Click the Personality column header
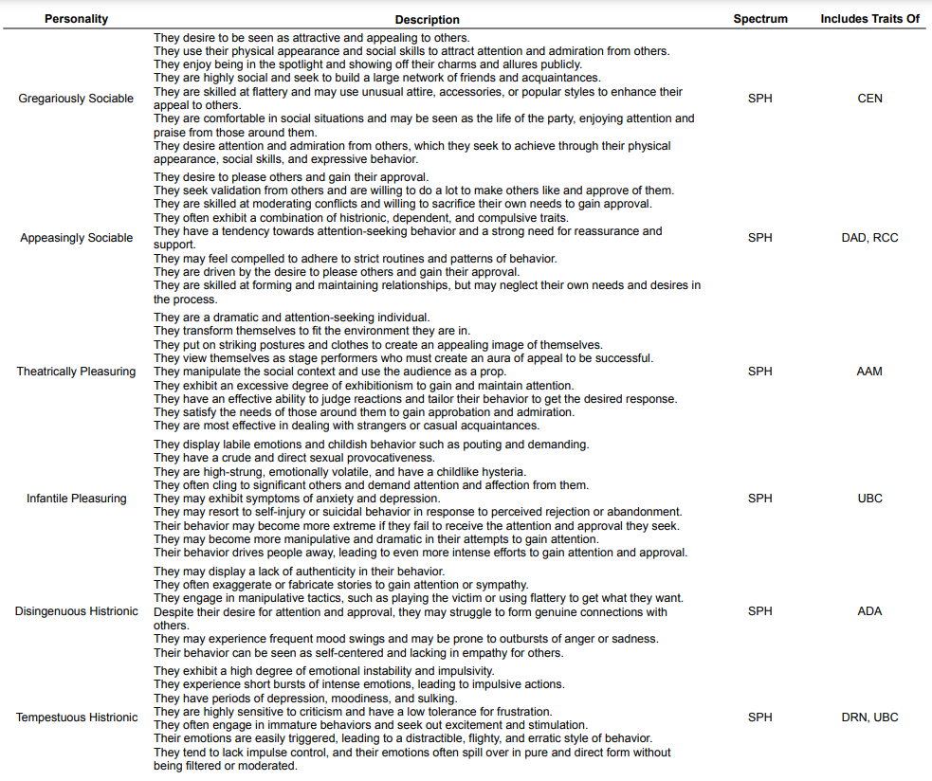(x=76, y=19)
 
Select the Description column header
(x=428, y=19)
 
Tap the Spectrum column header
(x=759, y=19)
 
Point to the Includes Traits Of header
(x=869, y=19)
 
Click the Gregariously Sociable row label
(x=76, y=99)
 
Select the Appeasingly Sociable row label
(x=76, y=238)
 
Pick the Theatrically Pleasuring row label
(x=76, y=372)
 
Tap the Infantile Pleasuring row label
(x=76, y=499)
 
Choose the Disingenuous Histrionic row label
(x=76, y=611)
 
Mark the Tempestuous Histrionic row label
(x=76, y=717)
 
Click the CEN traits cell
(x=869, y=99)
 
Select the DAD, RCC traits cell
(x=869, y=238)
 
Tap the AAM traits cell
(x=869, y=372)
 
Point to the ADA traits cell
(x=869, y=611)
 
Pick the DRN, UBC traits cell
(x=869, y=717)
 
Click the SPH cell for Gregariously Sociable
(x=759, y=99)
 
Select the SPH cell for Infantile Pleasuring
(x=759, y=499)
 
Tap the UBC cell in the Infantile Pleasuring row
(x=869, y=499)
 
